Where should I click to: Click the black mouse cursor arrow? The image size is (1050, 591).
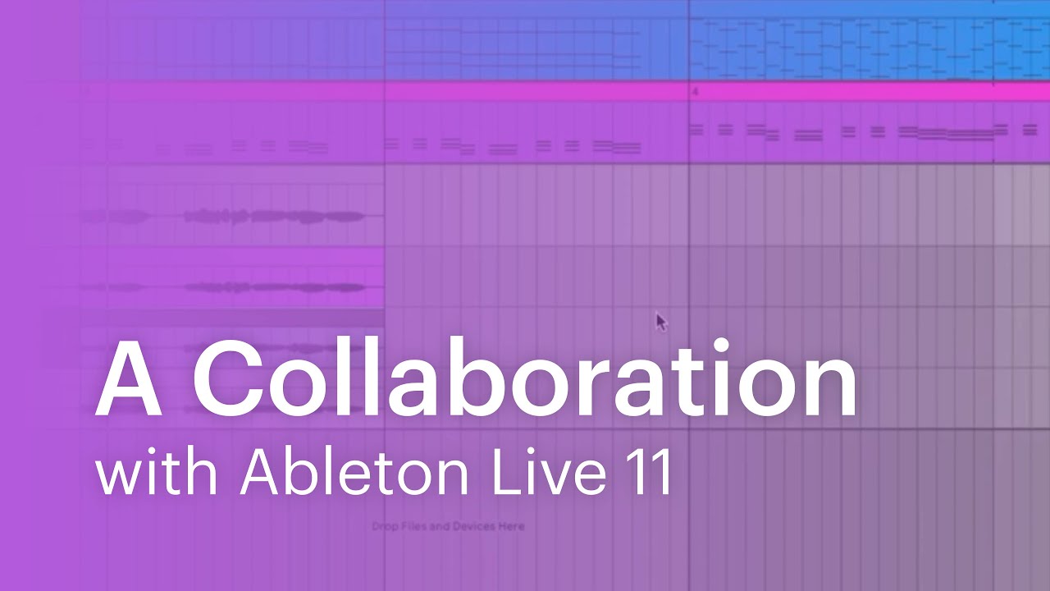click(x=660, y=321)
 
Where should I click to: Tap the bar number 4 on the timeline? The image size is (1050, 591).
click(x=695, y=92)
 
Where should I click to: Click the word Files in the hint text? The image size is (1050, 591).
click(x=413, y=526)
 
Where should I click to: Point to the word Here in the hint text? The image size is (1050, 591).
click(x=511, y=526)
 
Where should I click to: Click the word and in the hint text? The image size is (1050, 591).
click(x=440, y=526)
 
